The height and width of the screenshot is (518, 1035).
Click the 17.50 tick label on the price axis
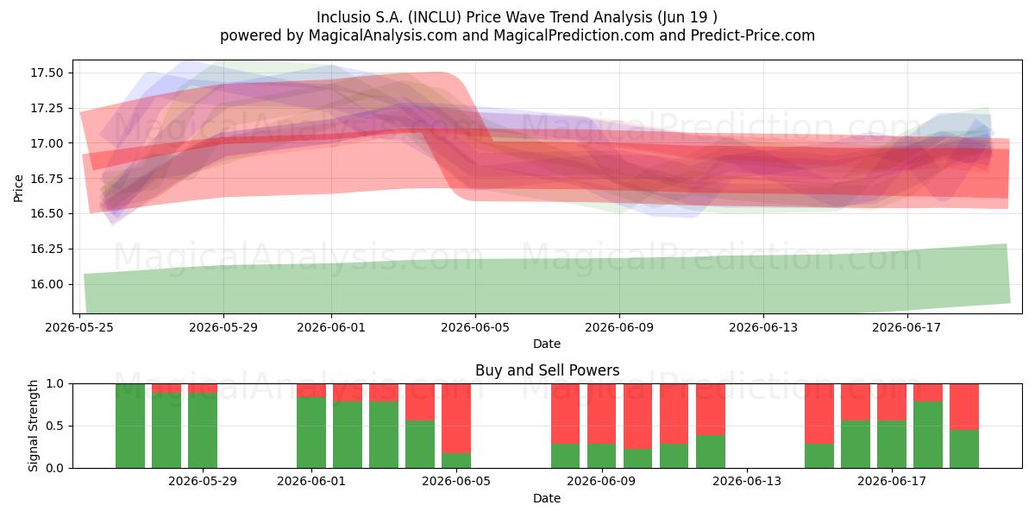[x=47, y=73]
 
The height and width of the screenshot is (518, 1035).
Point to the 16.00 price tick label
[x=47, y=284]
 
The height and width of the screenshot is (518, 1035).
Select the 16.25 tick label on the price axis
[x=47, y=249]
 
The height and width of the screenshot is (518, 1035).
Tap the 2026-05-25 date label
[x=79, y=327]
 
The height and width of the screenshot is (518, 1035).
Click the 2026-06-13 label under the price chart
[x=763, y=327]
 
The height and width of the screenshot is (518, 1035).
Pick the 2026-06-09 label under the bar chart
[x=602, y=481]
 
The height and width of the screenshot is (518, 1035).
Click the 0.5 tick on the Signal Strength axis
[x=54, y=426]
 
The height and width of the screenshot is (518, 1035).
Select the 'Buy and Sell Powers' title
[x=547, y=370]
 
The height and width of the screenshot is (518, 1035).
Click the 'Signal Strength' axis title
[x=33, y=426]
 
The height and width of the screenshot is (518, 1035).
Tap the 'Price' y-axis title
[x=18, y=188]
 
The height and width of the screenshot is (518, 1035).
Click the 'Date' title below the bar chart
[x=547, y=498]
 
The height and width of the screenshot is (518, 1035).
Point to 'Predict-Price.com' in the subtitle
[x=753, y=35]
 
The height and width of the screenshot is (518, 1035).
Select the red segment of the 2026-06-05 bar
[x=456, y=418]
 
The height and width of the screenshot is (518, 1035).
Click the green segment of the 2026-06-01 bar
[x=311, y=433]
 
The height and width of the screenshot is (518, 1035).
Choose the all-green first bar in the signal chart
[x=130, y=426]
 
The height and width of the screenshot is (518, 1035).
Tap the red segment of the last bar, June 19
[x=964, y=407]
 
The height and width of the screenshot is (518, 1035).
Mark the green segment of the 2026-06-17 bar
[x=891, y=444]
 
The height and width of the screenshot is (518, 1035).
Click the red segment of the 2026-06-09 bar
[x=601, y=414]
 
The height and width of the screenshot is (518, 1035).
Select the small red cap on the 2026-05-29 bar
[x=203, y=388]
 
